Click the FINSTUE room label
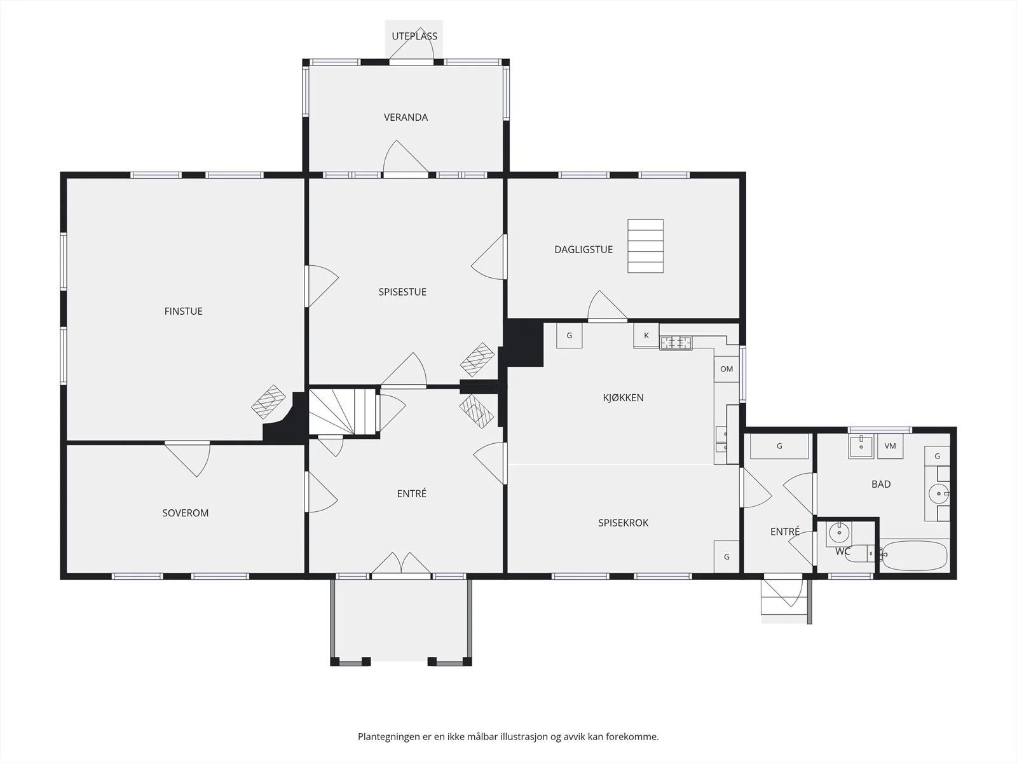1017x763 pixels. coord(184,312)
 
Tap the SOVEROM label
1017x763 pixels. coord(186,513)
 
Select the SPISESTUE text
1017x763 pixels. coord(402,292)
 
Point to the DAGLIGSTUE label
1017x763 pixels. coord(584,249)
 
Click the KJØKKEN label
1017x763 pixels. coord(623,397)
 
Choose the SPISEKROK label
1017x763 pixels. coord(623,523)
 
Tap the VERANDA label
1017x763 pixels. coord(406,117)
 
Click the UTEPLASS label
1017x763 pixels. coord(414,36)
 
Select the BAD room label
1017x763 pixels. coord(881,484)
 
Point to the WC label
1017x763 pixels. coord(843,551)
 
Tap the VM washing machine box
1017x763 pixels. coord(890,446)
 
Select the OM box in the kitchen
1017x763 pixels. coord(727,369)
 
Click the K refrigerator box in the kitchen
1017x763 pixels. coord(646,335)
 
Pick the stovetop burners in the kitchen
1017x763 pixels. coord(676,343)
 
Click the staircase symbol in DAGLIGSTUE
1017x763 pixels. coord(645,246)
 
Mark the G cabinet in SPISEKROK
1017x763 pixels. coord(727,557)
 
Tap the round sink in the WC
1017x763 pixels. coord(839,533)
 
